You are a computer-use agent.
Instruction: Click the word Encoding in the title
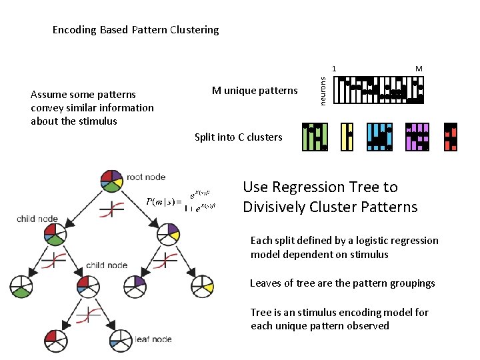(74, 30)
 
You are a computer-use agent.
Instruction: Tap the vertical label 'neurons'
(322, 90)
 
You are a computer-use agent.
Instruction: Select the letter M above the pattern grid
(419, 69)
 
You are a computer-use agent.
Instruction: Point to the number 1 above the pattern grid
(335, 69)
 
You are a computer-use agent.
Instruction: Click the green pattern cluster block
(314, 137)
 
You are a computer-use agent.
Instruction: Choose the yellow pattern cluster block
(347, 137)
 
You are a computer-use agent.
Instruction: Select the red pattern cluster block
(451, 137)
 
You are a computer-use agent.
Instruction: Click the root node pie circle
(111, 179)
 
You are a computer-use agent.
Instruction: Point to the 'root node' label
(146, 177)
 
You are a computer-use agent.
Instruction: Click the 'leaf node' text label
(153, 339)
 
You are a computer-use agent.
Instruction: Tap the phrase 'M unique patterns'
(255, 91)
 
